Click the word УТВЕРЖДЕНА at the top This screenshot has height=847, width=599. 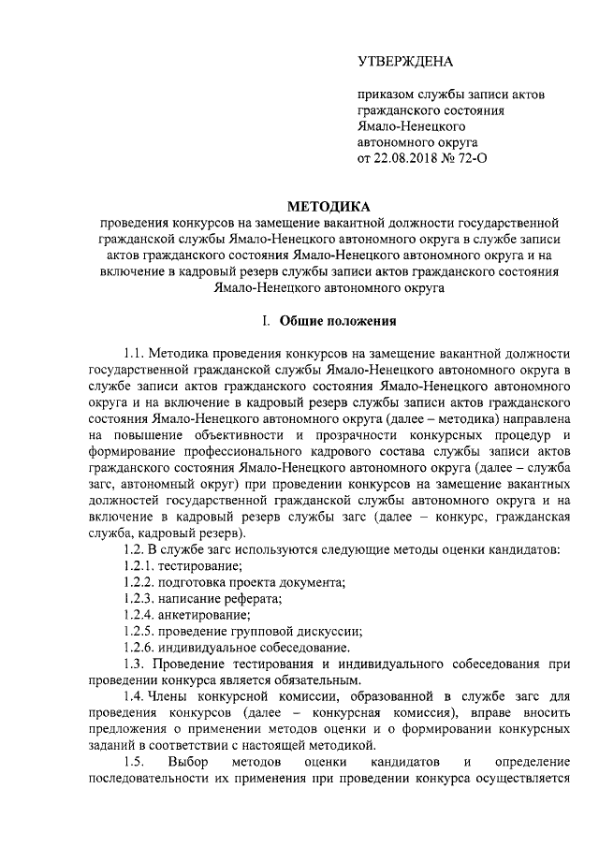(x=405, y=62)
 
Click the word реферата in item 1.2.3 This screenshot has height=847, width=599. (x=256, y=598)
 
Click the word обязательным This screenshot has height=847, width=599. (x=313, y=679)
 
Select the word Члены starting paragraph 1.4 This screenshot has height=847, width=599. (x=173, y=696)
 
